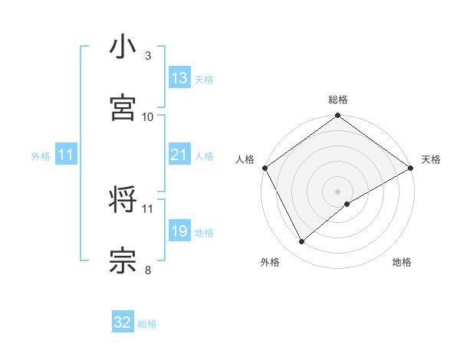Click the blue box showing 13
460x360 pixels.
pyautogui.click(x=179, y=78)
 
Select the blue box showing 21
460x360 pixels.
pyautogui.click(x=179, y=155)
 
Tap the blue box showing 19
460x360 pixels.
pyautogui.click(x=179, y=231)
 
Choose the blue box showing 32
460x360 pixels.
pyautogui.click(x=123, y=323)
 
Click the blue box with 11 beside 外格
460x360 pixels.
pyautogui.click(x=66, y=155)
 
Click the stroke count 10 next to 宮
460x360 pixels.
pyautogui.click(x=148, y=116)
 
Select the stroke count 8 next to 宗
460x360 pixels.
pyautogui.click(x=148, y=269)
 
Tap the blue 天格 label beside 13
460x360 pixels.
pyautogui.click(x=204, y=79)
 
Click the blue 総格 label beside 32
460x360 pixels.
pyautogui.click(x=147, y=324)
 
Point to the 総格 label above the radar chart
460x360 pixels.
pyautogui.click(x=338, y=100)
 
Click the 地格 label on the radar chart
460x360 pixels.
pyautogui.click(x=402, y=263)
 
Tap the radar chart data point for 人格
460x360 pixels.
pyautogui.click(x=264, y=168)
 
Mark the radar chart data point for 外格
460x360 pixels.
pyautogui.click(x=302, y=241)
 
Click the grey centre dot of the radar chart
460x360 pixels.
pyautogui.click(x=338, y=191)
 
